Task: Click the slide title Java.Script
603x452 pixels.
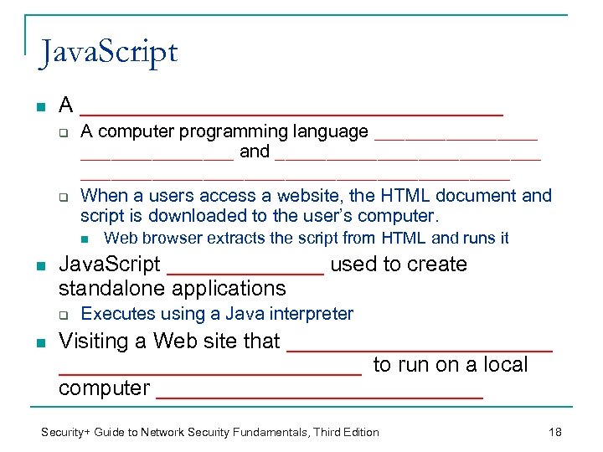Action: point(108,52)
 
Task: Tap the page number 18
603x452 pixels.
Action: point(554,432)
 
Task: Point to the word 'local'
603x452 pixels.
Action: point(503,365)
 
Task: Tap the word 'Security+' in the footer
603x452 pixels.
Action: point(69,432)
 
